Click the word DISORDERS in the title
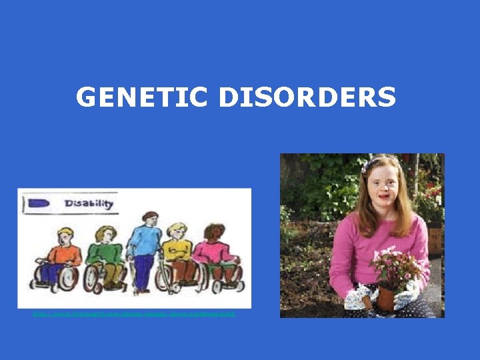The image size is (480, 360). coord(307,98)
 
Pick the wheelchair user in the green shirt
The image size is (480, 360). coord(105,256)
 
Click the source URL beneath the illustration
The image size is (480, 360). coord(134,313)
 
